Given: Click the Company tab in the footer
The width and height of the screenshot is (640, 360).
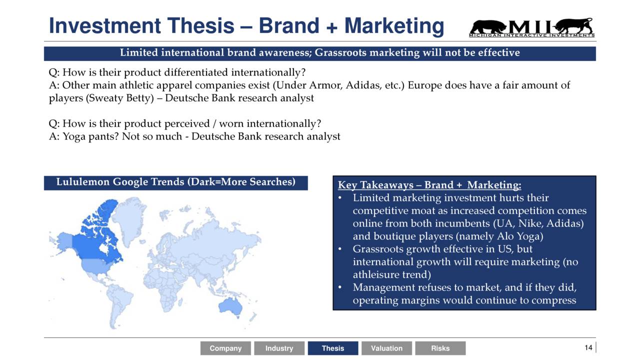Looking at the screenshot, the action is (x=225, y=348).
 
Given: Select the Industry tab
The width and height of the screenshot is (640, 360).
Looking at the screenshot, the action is (x=279, y=348).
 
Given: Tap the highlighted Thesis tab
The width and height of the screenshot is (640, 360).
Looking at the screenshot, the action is (x=333, y=348).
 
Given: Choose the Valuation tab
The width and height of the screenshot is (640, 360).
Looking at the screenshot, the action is (x=386, y=348).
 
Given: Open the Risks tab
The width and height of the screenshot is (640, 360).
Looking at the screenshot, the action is (x=440, y=348).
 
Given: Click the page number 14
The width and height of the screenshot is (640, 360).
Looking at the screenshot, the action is (x=588, y=347).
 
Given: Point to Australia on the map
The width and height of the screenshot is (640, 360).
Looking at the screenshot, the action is (x=230, y=307).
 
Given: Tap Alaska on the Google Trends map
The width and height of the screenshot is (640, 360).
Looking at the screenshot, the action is (x=63, y=243).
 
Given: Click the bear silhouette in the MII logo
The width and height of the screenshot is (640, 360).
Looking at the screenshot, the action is (x=488, y=27).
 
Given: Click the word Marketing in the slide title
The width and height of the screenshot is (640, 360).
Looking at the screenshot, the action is (x=394, y=26).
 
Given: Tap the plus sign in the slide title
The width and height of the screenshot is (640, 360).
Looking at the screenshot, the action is (x=331, y=27).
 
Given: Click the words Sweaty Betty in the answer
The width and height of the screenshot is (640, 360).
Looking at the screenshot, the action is (x=121, y=98).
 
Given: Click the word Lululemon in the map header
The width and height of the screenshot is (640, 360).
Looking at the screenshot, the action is (x=83, y=182).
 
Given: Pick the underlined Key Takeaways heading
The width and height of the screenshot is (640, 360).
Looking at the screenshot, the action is (x=429, y=185).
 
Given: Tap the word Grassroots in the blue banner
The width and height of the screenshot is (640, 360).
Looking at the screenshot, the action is (x=340, y=53).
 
